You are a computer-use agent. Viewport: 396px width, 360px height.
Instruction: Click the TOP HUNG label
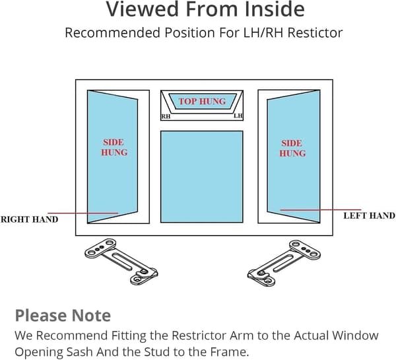click(x=202, y=101)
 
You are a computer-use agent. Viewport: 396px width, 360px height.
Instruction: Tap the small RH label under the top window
click(x=166, y=116)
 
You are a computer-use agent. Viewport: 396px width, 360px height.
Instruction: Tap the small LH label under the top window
click(x=238, y=116)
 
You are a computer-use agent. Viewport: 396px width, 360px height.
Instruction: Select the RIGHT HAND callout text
click(x=29, y=219)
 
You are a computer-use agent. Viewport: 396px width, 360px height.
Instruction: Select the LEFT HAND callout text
click(x=370, y=215)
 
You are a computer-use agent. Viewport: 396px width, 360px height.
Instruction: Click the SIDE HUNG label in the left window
click(x=114, y=147)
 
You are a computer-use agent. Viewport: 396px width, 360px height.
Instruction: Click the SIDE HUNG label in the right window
click(x=292, y=148)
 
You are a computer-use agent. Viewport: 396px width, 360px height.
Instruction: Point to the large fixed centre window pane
click(x=202, y=177)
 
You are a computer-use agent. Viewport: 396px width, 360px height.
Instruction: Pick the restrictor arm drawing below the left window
click(x=121, y=262)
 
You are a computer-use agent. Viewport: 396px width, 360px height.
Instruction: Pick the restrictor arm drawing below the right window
click(x=284, y=263)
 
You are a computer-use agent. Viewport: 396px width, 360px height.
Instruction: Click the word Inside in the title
click(x=275, y=9)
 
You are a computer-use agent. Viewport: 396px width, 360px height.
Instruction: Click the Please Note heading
click(x=63, y=316)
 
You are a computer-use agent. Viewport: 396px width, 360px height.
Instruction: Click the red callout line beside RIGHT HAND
click(x=83, y=213)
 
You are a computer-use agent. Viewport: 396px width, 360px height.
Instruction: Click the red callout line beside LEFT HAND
click(x=321, y=209)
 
